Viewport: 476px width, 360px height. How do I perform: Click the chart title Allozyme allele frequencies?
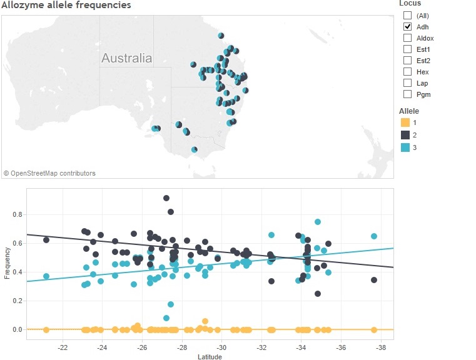66,5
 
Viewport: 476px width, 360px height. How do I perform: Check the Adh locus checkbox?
408,27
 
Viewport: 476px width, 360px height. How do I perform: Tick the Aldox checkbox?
408,38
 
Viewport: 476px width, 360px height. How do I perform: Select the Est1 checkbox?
408,49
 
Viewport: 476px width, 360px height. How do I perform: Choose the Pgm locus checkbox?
408,94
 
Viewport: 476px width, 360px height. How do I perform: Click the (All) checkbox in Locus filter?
408,16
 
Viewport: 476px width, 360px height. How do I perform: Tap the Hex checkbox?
408,72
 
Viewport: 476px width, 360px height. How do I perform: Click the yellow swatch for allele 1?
405,122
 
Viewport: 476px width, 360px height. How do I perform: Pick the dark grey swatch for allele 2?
405,134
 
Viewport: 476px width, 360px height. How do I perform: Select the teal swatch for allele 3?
405,147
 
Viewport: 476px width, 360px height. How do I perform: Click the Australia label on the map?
126,59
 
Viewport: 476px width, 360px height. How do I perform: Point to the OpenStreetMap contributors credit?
49,173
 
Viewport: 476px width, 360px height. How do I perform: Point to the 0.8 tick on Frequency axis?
17,214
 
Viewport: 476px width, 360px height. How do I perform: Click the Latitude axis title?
209,356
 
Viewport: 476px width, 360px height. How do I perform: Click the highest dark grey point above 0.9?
166,198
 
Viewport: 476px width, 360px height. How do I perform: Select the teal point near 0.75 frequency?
318,222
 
